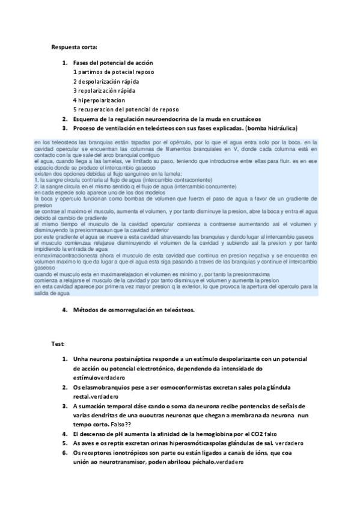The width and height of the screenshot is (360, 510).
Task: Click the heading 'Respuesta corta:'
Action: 75,47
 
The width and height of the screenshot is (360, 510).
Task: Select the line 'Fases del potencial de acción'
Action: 113,63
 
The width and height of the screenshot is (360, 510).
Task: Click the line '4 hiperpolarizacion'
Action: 99,100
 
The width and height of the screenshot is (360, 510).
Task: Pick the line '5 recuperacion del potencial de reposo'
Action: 126,109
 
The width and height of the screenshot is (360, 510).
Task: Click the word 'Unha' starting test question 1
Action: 81,359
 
